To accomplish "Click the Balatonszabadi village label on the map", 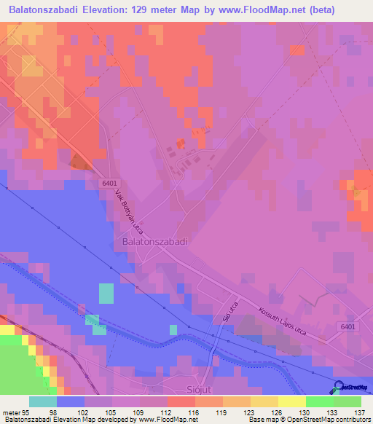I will click(x=154, y=240).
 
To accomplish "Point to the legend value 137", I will click(x=361, y=412).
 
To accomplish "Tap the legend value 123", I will click(x=251, y=412).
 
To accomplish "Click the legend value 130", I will click(x=306, y=412).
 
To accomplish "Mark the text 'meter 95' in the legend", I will click(x=15, y=412).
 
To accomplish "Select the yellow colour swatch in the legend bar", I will click(x=291, y=401).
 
